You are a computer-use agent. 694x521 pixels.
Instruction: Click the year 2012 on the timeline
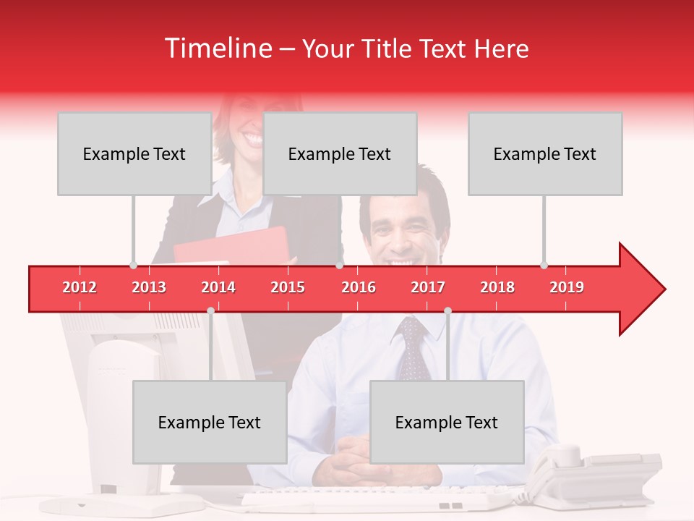(x=80, y=287)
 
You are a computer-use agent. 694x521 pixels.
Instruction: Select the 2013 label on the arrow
(x=149, y=287)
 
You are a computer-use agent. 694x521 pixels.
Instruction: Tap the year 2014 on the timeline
(x=218, y=287)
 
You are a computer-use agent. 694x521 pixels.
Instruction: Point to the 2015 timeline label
(x=288, y=287)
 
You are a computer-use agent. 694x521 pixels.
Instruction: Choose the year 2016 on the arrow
(x=359, y=287)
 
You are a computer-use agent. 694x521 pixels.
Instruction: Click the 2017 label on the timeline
(x=428, y=287)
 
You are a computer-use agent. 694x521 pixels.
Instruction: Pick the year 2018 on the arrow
(x=497, y=287)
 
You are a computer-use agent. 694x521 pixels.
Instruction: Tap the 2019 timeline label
(x=567, y=287)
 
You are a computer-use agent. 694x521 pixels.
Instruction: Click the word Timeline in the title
(x=217, y=48)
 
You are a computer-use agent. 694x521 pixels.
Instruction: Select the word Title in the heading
(x=389, y=49)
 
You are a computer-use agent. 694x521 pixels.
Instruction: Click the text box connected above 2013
(x=134, y=153)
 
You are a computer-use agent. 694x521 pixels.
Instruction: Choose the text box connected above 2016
(x=340, y=153)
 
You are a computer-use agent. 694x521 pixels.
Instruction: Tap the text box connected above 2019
(x=545, y=153)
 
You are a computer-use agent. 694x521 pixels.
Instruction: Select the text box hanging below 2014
(x=210, y=422)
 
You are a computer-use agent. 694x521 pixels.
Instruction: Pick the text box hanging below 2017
(x=447, y=422)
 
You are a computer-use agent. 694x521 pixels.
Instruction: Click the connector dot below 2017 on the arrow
(x=447, y=310)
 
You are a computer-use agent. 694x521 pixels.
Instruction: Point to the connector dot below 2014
(x=210, y=310)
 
